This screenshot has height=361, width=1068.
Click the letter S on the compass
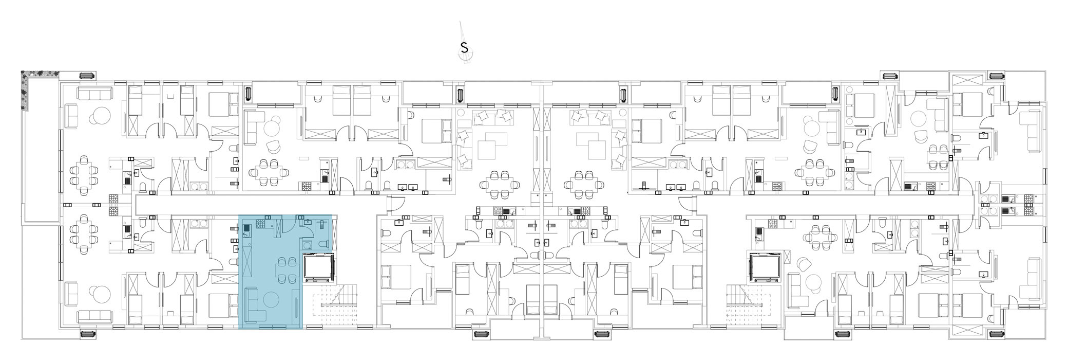[464, 48]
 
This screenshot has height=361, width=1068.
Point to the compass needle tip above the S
[461, 22]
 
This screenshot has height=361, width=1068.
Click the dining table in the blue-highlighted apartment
[281, 269]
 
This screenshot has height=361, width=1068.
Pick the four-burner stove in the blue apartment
[260, 223]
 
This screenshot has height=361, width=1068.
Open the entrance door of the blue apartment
[288, 222]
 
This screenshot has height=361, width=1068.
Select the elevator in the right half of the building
[765, 267]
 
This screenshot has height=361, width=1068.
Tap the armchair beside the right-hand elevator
[803, 265]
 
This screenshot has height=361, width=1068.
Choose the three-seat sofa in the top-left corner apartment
[94, 94]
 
